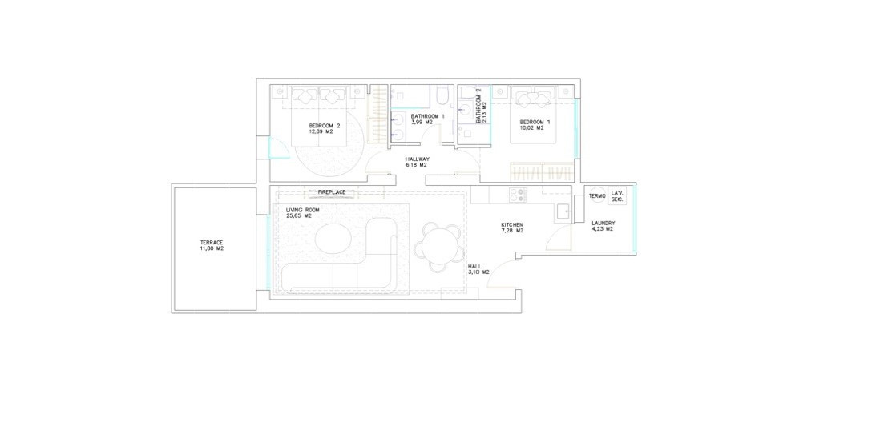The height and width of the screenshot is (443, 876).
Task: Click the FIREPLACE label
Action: [331, 192]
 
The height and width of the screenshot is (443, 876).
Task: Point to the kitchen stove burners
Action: [517, 195]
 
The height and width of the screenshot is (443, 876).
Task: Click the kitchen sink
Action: [563, 211]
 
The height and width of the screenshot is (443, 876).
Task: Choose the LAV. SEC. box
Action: [617, 195]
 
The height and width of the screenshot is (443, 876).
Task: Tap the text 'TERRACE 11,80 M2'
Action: [212, 245]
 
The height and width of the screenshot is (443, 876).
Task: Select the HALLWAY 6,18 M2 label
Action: [416, 162]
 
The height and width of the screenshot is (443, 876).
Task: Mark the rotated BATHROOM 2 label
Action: [478, 109]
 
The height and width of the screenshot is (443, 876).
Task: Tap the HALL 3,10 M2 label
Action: [478, 269]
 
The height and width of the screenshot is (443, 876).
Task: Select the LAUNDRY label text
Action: [604, 223]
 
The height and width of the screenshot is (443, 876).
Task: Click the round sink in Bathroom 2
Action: [466, 109]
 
